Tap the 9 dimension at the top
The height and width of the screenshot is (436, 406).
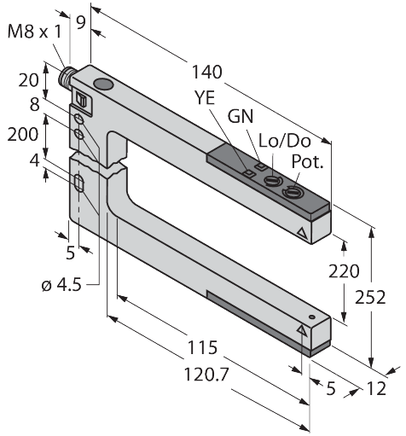click(x=81, y=23)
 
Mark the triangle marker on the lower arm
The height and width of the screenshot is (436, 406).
click(x=300, y=330)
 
